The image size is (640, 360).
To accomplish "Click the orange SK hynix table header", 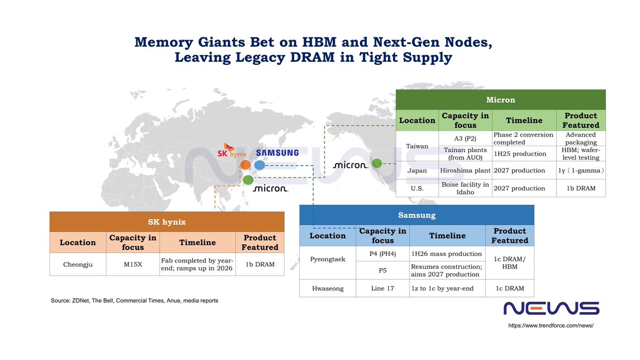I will [x=166, y=221].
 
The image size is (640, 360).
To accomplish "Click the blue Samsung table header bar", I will [x=417, y=215].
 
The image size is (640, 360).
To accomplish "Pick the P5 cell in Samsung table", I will [x=382, y=270].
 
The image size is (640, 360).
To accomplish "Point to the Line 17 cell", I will [x=382, y=289].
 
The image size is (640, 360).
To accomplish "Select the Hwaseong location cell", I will [x=327, y=289].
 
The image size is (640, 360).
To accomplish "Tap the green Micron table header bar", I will [x=500, y=100].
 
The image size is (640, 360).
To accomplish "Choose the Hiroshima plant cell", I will [x=465, y=171].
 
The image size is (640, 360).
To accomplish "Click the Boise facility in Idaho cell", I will [x=465, y=188].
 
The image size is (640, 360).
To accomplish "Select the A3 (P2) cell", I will [x=465, y=138].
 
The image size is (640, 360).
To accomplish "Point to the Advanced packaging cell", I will [x=581, y=138].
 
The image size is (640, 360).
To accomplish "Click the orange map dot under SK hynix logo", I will [x=245, y=165].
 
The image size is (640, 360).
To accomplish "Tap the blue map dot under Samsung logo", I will [x=259, y=165].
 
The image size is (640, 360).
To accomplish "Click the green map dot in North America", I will [x=377, y=163].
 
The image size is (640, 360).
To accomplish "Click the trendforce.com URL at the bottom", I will [x=551, y=325].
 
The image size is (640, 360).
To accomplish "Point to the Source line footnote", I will [x=134, y=301].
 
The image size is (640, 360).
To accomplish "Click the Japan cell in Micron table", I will [x=417, y=171].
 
